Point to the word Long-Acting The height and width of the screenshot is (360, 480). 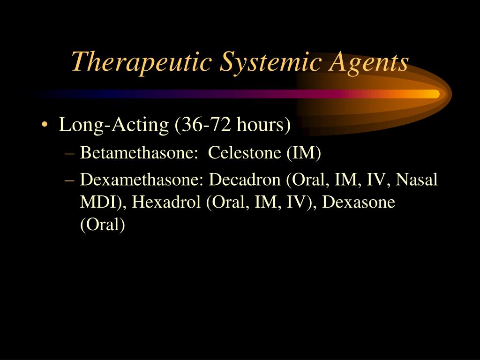(x=113, y=125)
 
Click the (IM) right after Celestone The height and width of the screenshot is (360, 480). (x=304, y=153)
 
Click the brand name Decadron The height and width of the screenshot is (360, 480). (x=247, y=180)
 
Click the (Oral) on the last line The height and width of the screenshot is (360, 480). (x=103, y=225)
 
